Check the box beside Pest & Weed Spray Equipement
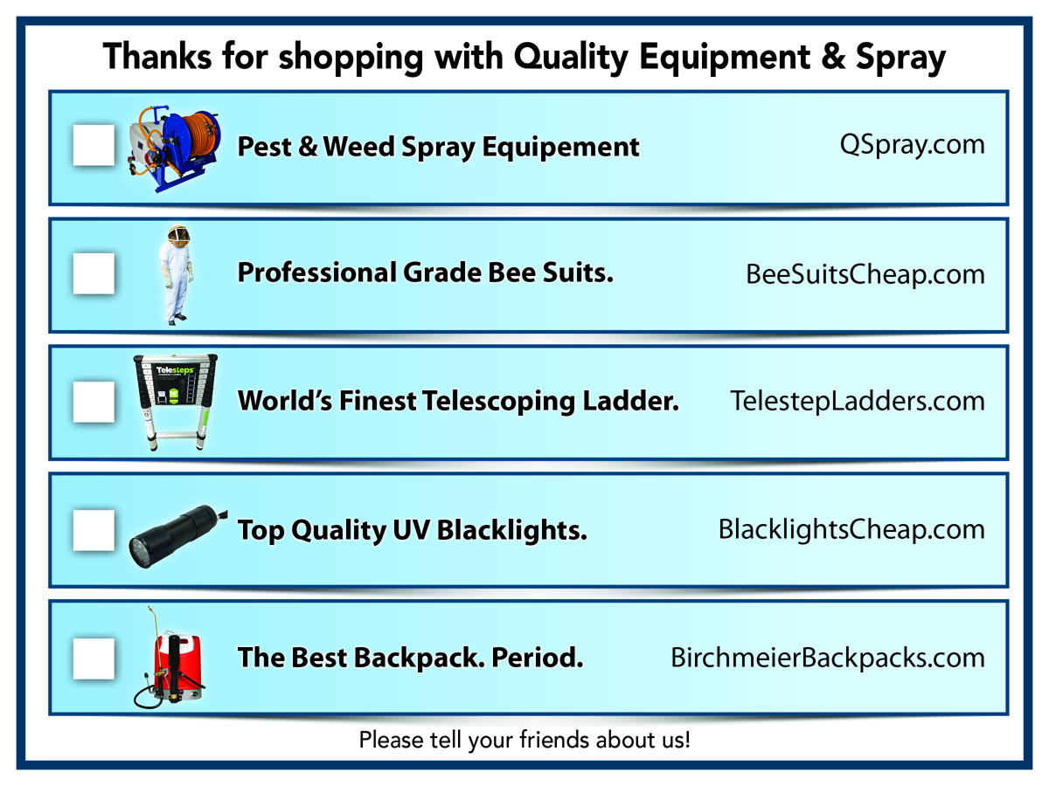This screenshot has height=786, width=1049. point(94,145)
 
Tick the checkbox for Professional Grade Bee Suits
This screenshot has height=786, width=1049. point(94,273)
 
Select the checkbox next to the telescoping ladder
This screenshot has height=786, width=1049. point(94,402)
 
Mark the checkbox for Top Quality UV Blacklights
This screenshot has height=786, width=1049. point(94,530)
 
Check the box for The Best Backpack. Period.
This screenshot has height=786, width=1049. point(94,658)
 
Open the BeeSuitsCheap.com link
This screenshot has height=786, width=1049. point(865,274)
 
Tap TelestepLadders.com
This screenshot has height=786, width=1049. point(857,402)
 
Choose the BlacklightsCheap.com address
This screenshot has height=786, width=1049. point(851,530)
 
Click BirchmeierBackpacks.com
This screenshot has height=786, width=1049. point(827,658)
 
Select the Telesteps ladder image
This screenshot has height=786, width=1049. point(175,402)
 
